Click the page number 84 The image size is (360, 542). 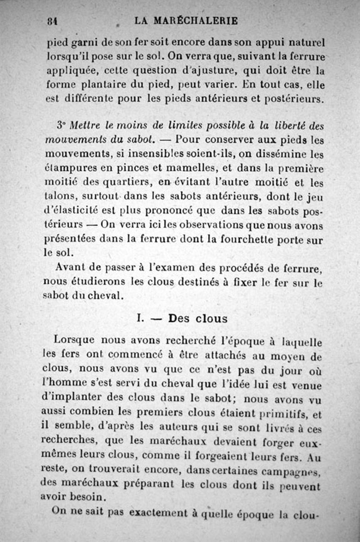(54, 21)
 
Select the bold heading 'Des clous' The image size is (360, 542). (198, 318)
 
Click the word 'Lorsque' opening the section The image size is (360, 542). (74, 340)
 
